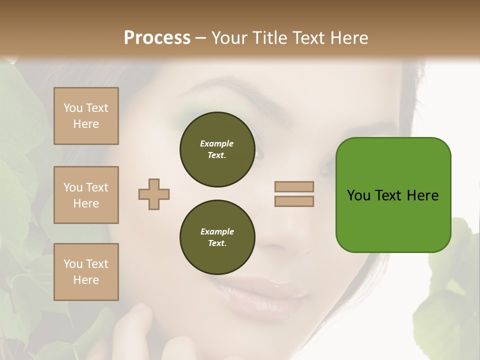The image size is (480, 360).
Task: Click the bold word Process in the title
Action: (x=157, y=37)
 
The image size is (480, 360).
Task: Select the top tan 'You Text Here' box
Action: (x=86, y=116)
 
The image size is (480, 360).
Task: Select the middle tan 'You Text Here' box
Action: (x=86, y=195)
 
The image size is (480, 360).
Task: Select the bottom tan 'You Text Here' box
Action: (x=86, y=272)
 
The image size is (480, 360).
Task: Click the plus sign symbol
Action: (x=154, y=194)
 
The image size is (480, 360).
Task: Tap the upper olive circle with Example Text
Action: (x=217, y=149)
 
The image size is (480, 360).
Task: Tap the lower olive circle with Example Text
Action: (x=217, y=237)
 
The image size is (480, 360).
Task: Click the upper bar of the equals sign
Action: (x=294, y=187)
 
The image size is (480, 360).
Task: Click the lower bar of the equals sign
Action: (x=294, y=201)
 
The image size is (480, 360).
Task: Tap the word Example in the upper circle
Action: (x=217, y=143)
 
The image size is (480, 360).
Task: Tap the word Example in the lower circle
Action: (x=217, y=231)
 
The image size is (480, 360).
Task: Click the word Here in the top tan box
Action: (x=86, y=124)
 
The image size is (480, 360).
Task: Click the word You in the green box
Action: (x=358, y=195)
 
